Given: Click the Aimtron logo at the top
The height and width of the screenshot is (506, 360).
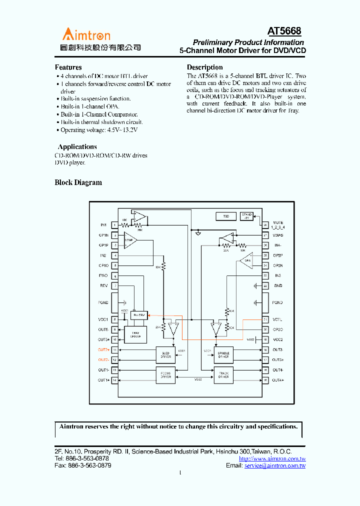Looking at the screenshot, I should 86,34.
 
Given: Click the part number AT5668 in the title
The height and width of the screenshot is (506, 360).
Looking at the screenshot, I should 284,31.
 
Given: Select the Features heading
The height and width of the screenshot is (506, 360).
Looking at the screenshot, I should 68,67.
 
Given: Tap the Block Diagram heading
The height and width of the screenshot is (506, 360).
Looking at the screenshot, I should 78,182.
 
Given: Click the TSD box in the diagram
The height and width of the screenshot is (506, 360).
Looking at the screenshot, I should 226,216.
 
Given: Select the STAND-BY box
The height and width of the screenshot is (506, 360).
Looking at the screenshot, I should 247,215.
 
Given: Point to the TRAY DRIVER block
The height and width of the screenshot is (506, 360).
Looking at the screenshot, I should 135,335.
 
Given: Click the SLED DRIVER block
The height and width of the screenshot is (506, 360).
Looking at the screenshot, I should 166,355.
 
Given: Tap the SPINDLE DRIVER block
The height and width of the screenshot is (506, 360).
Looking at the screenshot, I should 223,355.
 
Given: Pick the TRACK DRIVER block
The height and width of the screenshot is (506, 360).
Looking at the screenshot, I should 223,375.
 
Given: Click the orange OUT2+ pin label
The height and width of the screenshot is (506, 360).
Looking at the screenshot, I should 103,350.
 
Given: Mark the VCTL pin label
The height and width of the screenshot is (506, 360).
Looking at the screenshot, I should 278,319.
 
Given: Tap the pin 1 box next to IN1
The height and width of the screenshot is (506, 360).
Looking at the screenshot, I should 115,225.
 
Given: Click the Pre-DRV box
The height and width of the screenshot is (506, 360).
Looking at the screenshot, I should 138,315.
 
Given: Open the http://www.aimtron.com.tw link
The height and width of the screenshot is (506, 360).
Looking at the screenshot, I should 272,458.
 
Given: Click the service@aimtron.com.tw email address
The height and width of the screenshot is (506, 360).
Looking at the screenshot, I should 274,465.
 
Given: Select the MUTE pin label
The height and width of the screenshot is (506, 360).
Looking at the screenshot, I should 278,223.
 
